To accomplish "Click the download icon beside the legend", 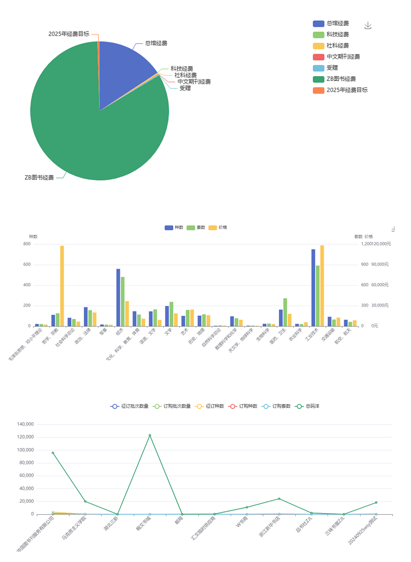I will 368,26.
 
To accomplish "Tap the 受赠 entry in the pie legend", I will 332,67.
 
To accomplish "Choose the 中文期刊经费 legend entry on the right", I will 342,56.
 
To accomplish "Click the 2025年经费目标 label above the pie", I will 68,33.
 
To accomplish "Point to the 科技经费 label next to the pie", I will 181,69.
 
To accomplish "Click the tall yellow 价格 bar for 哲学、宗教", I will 62,285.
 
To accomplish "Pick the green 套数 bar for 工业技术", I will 318,296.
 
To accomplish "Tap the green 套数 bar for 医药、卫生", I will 286,312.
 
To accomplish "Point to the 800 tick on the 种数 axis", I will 26,244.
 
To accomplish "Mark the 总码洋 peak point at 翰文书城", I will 150,435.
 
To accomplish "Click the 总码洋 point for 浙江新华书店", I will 279,499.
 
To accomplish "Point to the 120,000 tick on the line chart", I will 26,437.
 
